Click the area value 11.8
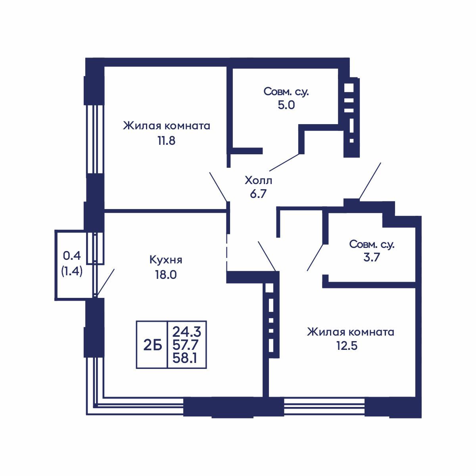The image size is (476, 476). (167, 141)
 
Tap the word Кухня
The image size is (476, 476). (166, 260)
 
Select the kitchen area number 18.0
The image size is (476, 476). (166, 274)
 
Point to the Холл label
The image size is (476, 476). (258, 180)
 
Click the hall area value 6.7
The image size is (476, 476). (258, 194)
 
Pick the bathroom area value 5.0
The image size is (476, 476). (286, 105)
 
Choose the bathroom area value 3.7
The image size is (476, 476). (372, 258)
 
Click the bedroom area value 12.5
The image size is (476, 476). (347, 346)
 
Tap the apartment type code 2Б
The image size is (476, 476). (153, 345)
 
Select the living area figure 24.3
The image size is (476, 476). (187, 332)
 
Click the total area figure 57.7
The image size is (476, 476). (185, 345)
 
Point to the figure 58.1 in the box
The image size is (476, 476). (185, 358)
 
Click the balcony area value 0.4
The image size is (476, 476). (72, 256)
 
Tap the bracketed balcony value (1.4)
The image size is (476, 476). (72, 272)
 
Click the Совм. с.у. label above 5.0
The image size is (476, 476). (286, 92)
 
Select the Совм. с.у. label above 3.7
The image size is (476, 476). (372, 244)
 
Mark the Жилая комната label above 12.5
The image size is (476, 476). (351, 332)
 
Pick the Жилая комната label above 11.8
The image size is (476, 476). (167, 126)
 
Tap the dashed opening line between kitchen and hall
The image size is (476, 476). (226, 250)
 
